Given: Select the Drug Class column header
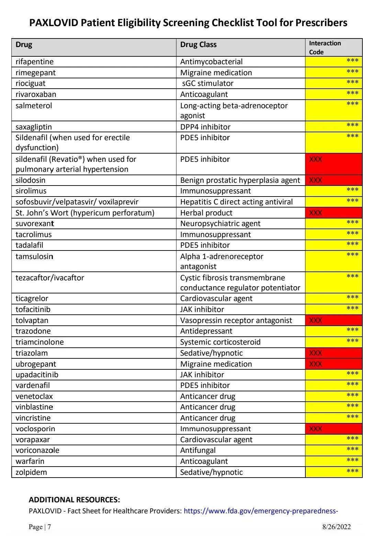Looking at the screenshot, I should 198,45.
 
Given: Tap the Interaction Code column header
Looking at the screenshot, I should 325,47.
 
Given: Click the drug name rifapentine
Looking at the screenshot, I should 34,62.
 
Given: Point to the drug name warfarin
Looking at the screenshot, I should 30,461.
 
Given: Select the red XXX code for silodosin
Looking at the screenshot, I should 316,180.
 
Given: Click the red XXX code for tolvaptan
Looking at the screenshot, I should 316,321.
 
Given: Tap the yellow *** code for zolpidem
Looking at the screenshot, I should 352,471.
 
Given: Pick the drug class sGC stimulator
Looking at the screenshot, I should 207,83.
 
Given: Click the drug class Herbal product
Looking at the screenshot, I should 206,213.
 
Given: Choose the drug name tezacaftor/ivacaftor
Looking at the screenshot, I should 50,278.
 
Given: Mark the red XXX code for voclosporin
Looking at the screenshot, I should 316,429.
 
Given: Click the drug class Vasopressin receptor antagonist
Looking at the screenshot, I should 236,321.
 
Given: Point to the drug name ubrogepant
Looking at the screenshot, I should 36,364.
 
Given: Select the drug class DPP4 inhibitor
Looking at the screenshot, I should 205,127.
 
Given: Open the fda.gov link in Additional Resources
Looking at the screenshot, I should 261,511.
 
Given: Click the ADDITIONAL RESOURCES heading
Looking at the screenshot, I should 74,500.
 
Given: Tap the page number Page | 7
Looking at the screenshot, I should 40,527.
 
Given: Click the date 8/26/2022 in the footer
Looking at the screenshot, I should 336,527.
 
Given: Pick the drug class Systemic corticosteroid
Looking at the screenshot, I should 220,342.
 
